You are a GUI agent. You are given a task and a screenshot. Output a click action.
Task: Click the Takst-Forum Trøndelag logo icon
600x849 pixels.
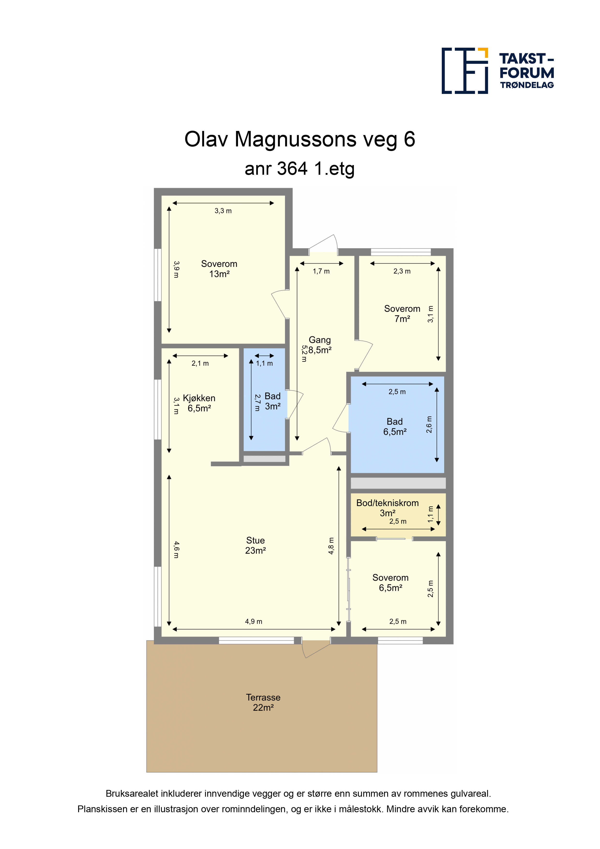point(465,71)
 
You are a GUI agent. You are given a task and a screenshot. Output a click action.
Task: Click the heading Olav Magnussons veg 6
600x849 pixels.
point(300,139)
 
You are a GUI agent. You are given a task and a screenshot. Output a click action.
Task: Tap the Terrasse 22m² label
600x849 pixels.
point(263,702)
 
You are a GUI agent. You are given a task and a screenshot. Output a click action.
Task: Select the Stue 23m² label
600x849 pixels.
point(255,546)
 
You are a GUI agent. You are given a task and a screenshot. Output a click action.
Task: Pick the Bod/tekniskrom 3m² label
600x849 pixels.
point(387,508)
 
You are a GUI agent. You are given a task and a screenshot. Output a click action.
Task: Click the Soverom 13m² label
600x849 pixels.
point(219,269)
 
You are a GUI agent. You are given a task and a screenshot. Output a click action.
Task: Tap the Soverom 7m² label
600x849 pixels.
point(402,314)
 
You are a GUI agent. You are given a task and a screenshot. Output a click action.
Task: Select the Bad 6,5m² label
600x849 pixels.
point(395,426)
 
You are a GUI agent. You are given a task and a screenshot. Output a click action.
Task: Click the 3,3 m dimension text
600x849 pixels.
point(223,211)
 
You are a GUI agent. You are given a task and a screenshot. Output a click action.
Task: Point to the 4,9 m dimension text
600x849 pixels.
point(254,622)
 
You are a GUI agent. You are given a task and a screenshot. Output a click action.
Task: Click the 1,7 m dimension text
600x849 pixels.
point(321,271)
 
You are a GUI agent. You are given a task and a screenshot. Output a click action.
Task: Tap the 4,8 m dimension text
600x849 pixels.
point(331,546)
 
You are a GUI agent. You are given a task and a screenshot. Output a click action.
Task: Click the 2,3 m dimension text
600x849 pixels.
point(402,271)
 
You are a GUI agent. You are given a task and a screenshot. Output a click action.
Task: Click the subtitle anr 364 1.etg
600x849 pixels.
point(300,169)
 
